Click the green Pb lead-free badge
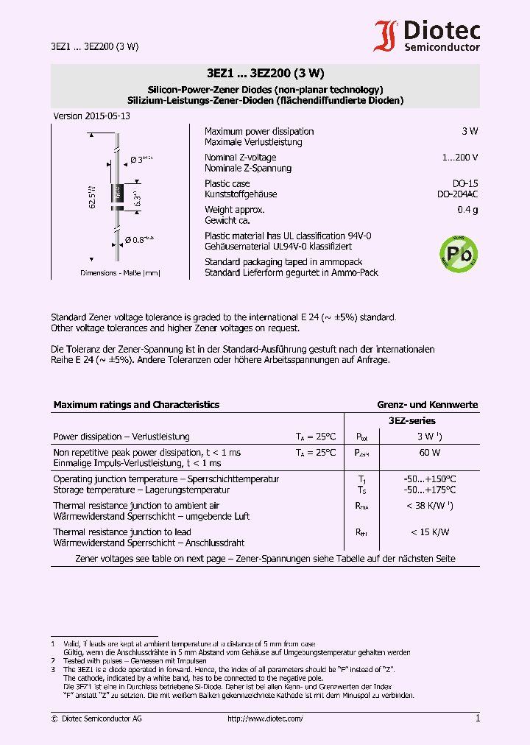click(458, 255)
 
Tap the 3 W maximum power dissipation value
click(469, 131)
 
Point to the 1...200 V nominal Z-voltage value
click(460, 158)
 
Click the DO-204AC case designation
click(457, 194)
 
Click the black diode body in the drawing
click(116, 194)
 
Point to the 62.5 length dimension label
click(93, 197)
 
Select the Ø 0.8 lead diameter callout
click(139, 239)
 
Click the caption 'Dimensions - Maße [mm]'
click(120, 273)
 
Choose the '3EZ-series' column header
click(411, 420)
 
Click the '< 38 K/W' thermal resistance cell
click(429, 506)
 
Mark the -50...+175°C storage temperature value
click(430, 490)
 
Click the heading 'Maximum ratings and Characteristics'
click(136, 405)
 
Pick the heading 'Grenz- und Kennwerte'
click(427, 405)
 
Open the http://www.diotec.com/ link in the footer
click(265, 718)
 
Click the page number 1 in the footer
click(477, 718)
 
